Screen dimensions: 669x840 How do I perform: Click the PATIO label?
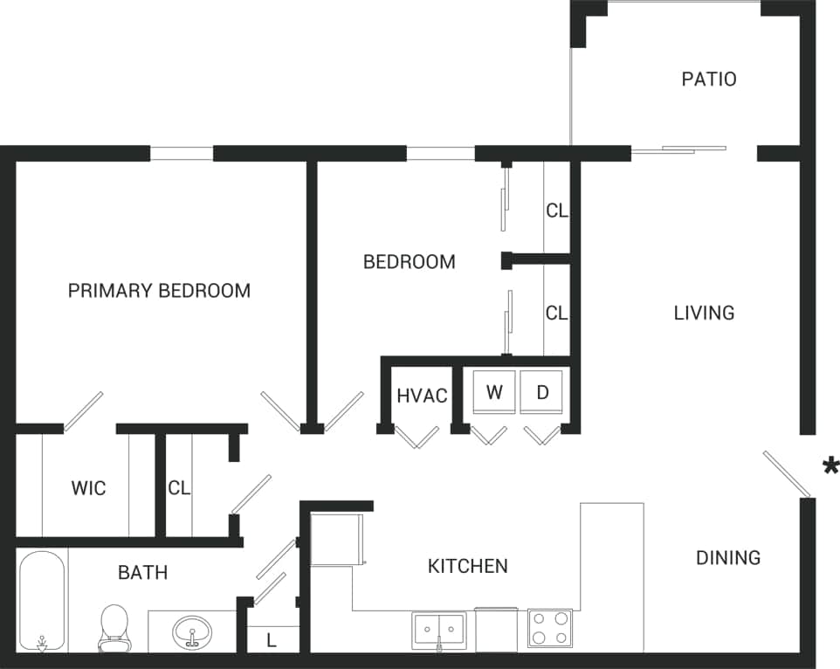708,79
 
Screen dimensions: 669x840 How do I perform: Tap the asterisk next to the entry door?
830,466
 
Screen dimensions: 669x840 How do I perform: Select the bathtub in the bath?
42,601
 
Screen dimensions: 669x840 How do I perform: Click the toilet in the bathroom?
114,628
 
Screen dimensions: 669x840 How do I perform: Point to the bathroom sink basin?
191,630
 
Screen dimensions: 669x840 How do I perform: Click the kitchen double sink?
439,629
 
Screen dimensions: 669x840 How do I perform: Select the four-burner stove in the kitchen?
550,628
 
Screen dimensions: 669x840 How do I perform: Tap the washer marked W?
494,392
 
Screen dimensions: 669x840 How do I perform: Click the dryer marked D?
542,392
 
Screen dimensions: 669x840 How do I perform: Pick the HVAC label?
422,396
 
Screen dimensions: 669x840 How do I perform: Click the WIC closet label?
88,487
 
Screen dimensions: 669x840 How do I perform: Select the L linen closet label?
272,640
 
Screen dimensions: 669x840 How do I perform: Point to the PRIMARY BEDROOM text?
159,291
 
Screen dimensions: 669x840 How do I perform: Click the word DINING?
727,557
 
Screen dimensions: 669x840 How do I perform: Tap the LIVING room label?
704,313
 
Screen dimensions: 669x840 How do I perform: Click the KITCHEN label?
467,566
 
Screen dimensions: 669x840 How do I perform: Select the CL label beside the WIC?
179,488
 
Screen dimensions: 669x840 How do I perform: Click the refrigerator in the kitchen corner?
336,539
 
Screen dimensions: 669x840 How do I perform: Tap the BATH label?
142,573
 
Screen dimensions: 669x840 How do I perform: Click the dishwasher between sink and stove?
497,630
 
